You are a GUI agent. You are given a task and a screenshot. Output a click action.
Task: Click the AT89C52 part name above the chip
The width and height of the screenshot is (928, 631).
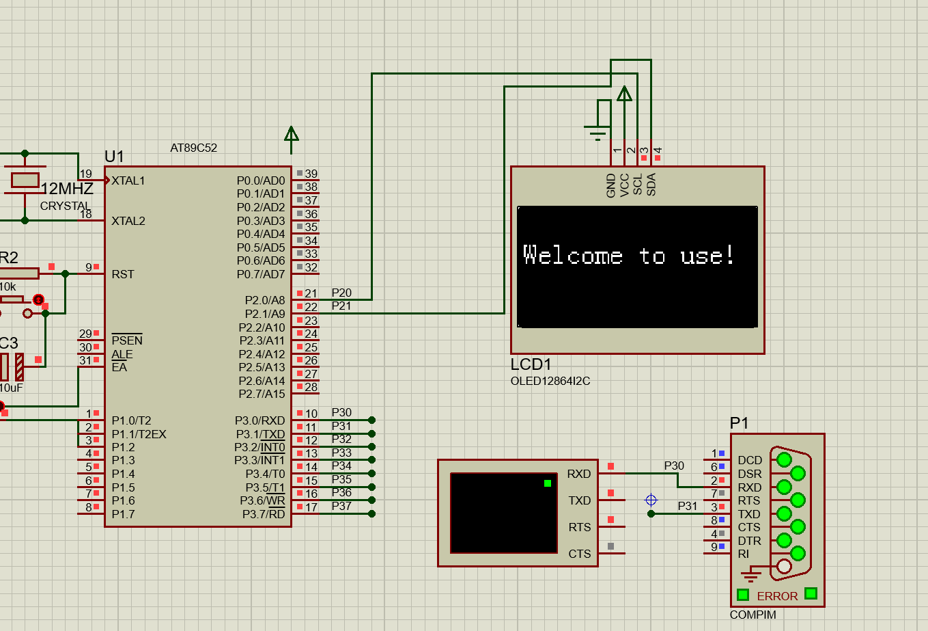[193, 148]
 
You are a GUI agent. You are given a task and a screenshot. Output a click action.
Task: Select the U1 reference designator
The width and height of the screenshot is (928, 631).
[114, 157]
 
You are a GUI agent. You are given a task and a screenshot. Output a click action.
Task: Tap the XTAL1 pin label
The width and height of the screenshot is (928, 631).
[128, 180]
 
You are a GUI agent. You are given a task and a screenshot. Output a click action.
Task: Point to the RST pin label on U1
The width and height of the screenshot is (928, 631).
[123, 274]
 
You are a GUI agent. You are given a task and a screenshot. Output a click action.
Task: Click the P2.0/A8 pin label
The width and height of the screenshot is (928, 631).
[265, 300]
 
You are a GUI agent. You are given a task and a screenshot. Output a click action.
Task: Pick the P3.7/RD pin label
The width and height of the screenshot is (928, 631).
[264, 514]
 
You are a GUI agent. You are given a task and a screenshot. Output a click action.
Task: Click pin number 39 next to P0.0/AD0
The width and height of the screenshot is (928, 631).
[311, 174]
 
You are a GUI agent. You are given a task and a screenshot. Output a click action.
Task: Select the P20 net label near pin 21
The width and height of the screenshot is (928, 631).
[341, 293]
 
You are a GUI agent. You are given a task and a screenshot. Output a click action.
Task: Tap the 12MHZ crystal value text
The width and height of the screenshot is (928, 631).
[67, 189]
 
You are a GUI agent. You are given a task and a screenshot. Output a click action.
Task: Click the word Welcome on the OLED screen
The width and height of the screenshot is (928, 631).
[572, 255]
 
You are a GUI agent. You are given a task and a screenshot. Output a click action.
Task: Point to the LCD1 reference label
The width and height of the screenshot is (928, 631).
[531, 364]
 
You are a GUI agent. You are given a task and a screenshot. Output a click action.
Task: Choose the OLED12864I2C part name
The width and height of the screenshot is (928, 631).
[550, 381]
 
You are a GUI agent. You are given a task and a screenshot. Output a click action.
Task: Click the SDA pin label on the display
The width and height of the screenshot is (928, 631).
[651, 184]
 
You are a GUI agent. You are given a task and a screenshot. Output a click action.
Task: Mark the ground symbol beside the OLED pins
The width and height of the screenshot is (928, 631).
[597, 133]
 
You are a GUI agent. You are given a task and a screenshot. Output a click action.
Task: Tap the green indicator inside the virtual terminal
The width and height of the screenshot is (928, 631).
[547, 483]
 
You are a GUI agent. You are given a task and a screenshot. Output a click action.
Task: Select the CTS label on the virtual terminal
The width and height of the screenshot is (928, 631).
[579, 554]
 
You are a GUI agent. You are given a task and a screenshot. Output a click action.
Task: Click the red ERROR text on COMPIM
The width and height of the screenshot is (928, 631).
[777, 596]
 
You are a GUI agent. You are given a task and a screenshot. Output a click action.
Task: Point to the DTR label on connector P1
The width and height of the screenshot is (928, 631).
[750, 541]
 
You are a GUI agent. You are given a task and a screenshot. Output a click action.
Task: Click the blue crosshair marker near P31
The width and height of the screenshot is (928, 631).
[651, 500]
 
